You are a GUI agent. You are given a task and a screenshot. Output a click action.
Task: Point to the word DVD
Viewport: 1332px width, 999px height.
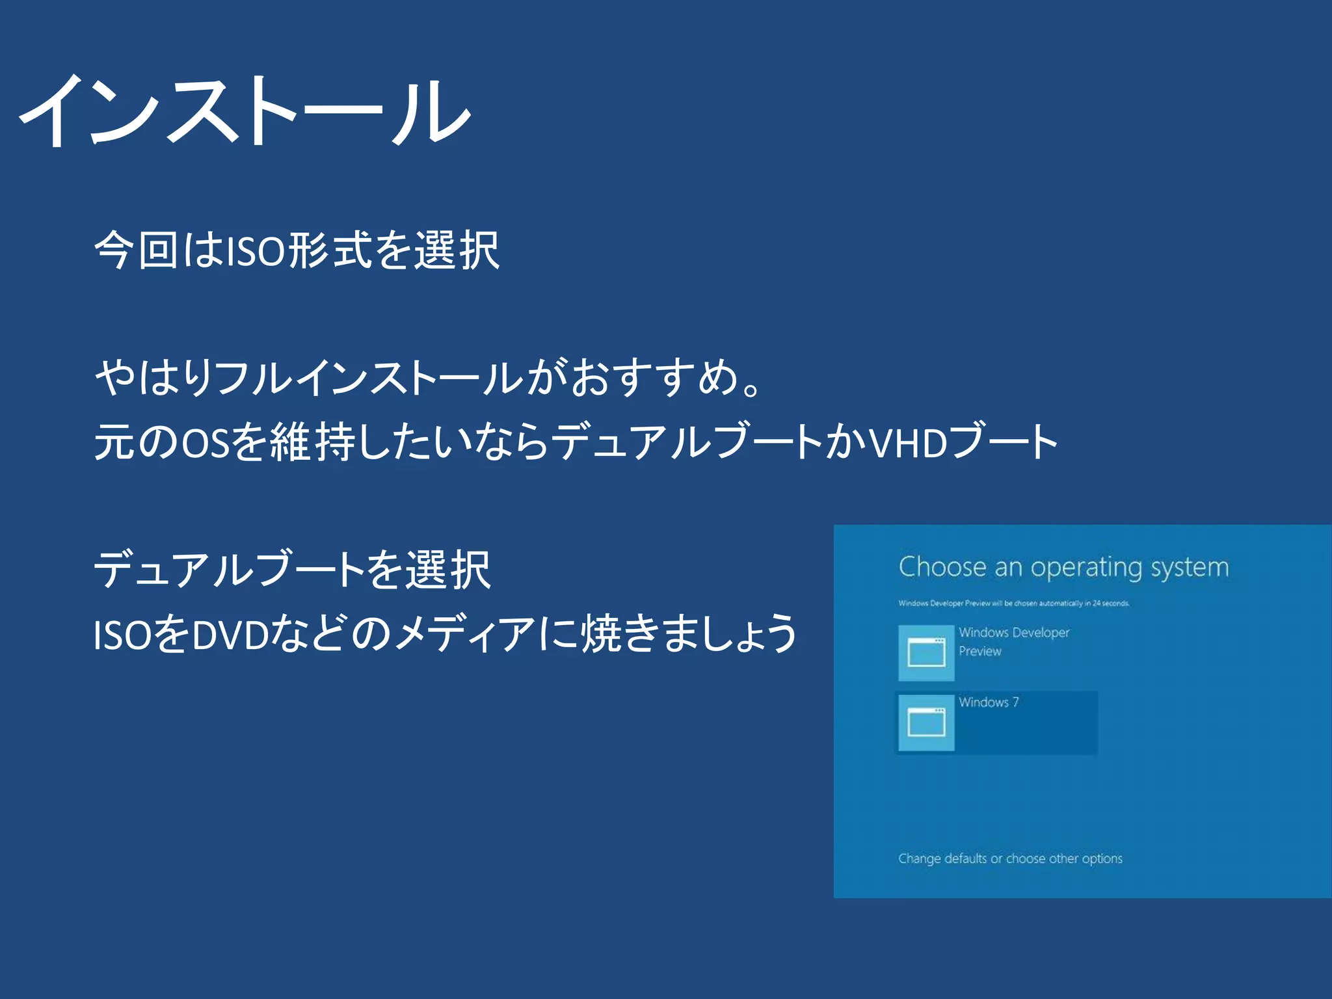[x=231, y=635]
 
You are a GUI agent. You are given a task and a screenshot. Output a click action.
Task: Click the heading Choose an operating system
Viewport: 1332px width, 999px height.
[x=1063, y=567]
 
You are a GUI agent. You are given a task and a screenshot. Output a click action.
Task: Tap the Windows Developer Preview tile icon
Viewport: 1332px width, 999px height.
[x=926, y=652]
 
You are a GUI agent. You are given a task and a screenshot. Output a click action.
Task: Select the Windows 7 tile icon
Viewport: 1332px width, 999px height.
[x=926, y=723]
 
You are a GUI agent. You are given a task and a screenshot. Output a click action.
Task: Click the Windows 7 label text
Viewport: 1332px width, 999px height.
[x=989, y=702]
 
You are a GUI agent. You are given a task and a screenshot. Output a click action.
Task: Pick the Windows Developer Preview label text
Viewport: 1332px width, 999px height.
[x=1013, y=641]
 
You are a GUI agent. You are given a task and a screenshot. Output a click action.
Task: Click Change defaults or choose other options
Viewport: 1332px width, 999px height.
[x=1010, y=859]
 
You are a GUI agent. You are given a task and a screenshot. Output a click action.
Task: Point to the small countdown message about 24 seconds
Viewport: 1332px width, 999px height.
[x=1014, y=604]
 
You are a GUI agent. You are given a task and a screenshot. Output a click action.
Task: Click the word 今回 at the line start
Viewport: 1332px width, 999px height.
[x=136, y=251]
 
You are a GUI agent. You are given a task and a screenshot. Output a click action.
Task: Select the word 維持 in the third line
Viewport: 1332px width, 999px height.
[x=312, y=443]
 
